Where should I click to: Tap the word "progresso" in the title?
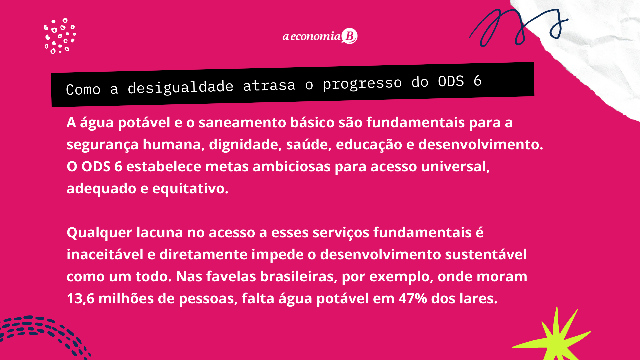pyautogui.click(x=362, y=84)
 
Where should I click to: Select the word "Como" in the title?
pyautogui.click(x=83, y=90)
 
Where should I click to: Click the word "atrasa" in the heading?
pyautogui.click(x=269, y=85)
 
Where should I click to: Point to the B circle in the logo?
pyautogui.click(x=349, y=36)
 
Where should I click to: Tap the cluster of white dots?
pyautogui.click(x=60, y=36)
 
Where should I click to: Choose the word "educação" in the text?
pyautogui.click(x=369, y=145)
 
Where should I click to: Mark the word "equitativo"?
pyautogui.click(x=190, y=189)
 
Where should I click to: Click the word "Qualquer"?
pyautogui.click(x=99, y=233)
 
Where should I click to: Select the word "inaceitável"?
pyautogui.click(x=105, y=254)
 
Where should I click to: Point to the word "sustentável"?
pyautogui.click(x=486, y=254)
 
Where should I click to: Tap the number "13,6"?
pyautogui.click(x=81, y=299)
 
